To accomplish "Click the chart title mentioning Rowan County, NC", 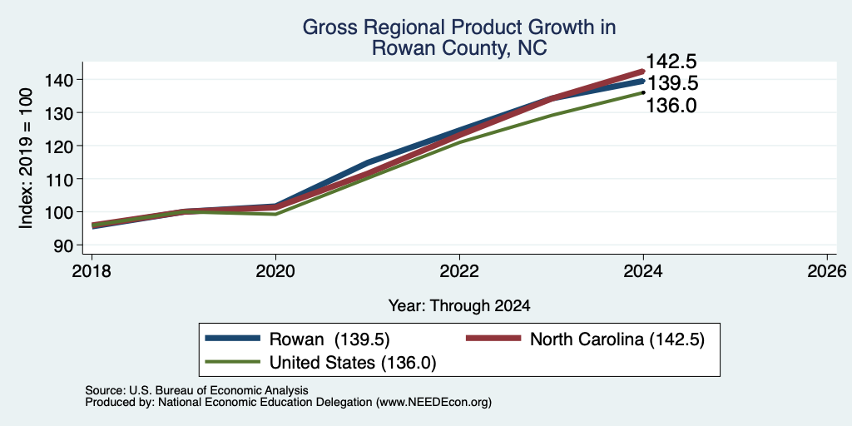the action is (458, 37).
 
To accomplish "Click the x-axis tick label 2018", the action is (92, 271).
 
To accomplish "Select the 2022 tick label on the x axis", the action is (459, 271).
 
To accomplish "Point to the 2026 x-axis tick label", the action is (827, 271).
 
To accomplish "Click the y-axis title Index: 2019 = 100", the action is (27, 159).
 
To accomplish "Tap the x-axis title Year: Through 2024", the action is (459, 306).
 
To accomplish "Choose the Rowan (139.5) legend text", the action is (329, 339).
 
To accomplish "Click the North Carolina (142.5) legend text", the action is (617, 339).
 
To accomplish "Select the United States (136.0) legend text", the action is (353, 363).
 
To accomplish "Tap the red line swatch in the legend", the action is (493, 339).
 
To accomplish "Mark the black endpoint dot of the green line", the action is (643, 92).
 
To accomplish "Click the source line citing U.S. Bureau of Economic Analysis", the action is (196, 390).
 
